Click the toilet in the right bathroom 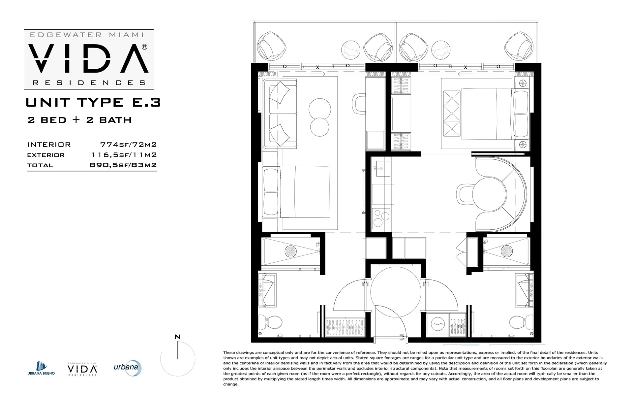[x=521, y=321]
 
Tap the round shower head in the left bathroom [x=290, y=251]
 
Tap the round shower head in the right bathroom [x=507, y=251]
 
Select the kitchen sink [x=381, y=168]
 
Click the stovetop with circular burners [x=381, y=218]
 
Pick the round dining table [x=489, y=194]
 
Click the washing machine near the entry [x=437, y=324]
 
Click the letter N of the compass [x=177, y=337]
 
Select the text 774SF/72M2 [x=128, y=145]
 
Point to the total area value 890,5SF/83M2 [x=123, y=165]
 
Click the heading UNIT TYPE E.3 [x=93, y=102]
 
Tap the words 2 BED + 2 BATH [x=80, y=120]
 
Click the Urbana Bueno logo [x=41, y=368]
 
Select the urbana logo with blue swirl [x=128, y=368]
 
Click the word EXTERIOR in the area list [x=46, y=155]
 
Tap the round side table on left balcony [x=351, y=51]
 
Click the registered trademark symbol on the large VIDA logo [x=144, y=47]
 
